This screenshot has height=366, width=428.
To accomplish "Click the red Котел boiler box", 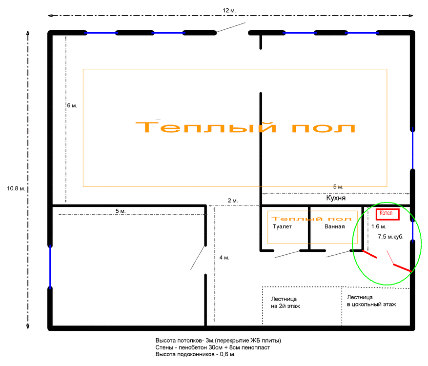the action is click(387, 214).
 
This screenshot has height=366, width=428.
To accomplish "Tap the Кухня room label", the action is click(336, 198).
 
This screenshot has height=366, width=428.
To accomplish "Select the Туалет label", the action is click(282, 226).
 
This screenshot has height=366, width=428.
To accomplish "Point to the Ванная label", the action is click(334, 226).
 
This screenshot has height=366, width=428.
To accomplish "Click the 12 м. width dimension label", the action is click(229, 11).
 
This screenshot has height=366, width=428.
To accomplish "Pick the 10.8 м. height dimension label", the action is click(16, 188).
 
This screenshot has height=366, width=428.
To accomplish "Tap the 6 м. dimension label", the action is click(72, 105).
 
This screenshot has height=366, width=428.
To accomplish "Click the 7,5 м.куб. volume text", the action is click(390, 237).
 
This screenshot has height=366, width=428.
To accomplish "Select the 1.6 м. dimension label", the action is click(379, 226).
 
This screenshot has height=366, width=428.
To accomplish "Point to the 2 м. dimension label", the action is click(233, 201).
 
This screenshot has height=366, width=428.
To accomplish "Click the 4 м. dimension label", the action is click(224, 258).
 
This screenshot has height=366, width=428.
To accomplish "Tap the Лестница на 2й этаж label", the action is click(285, 303).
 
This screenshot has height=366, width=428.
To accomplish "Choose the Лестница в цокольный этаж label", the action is click(371, 301).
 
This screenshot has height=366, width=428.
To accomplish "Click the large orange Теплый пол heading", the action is click(245, 127).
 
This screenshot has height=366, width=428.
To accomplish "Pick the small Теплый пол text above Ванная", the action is click(311, 219).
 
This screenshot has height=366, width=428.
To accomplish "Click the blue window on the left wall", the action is click(50, 266).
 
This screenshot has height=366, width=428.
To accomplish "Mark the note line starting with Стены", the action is click(213, 347).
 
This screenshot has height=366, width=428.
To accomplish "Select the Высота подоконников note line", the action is click(195, 354).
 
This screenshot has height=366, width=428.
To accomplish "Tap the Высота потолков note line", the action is click(218, 341).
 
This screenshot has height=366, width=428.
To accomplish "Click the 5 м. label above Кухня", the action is click(338, 187).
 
